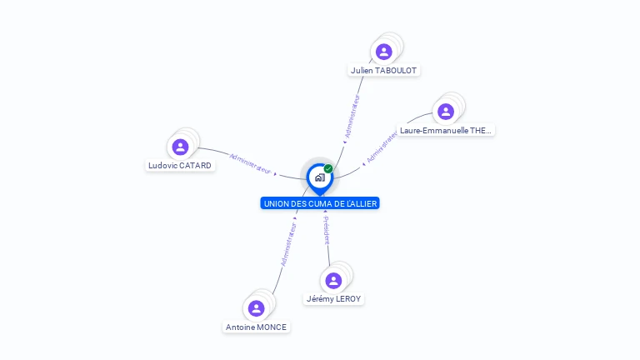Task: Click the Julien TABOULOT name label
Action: click(383, 71)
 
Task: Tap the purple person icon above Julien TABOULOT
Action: click(383, 52)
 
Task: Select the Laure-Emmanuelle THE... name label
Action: click(446, 131)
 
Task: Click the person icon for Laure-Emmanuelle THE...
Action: click(446, 112)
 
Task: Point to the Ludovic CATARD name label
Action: click(180, 166)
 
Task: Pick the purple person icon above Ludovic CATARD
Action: click(180, 147)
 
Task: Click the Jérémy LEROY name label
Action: click(334, 299)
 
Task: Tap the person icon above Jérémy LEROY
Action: click(334, 280)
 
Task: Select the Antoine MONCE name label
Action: click(256, 327)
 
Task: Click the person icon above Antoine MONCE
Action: click(256, 308)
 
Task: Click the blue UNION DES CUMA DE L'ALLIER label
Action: click(320, 203)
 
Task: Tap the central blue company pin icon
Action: click(319, 177)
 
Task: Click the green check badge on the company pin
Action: click(328, 169)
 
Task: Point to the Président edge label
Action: click(327, 230)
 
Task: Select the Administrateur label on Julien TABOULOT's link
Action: click(352, 116)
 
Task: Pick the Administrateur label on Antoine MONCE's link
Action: click(288, 244)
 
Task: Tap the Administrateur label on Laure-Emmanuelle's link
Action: click(382, 146)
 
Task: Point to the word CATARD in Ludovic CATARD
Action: click(195, 166)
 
